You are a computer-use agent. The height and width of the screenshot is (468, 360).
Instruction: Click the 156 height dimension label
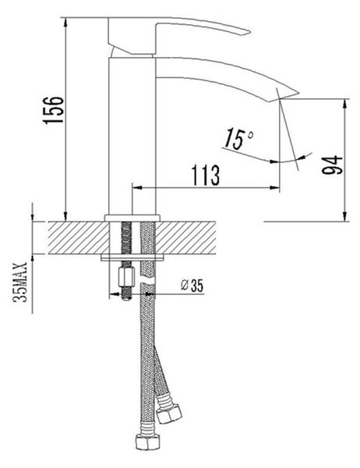(x=54, y=109)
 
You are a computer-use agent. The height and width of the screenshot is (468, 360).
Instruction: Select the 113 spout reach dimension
(x=206, y=175)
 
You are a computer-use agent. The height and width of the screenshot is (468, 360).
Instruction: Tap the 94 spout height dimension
(x=332, y=165)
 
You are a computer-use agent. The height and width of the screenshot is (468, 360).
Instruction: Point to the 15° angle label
(x=239, y=140)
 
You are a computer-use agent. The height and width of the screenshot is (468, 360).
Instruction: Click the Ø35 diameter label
(x=192, y=285)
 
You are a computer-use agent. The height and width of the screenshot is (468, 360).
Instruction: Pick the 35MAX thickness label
(x=20, y=282)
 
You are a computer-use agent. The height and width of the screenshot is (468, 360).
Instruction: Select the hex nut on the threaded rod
(x=126, y=277)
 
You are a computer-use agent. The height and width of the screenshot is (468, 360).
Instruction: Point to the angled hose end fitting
(x=169, y=413)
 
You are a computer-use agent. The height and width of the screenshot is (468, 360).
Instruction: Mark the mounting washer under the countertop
(x=132, y=257)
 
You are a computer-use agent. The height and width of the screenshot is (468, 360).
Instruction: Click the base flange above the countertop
(x=132, y=218)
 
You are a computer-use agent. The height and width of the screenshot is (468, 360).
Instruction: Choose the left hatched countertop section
(x=78, y=238)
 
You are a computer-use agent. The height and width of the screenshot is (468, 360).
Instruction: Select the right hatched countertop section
(x=185, y=238)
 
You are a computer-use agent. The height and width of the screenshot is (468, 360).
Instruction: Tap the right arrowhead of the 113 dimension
(x=275, y=187)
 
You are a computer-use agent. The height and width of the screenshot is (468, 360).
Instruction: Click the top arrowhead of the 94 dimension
(x=344, y=104)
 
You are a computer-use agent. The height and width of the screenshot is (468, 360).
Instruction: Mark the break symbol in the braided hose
(x=147, y=282)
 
